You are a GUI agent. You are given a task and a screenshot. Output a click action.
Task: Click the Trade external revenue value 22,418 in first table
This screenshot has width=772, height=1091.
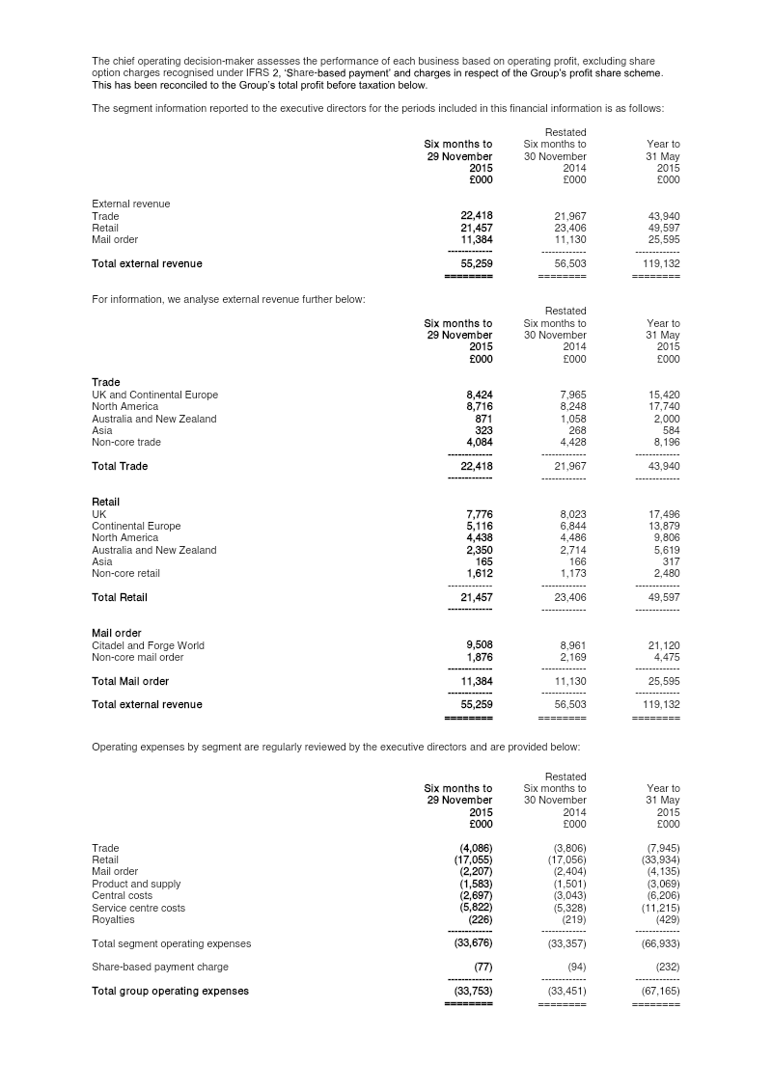click(477, 216)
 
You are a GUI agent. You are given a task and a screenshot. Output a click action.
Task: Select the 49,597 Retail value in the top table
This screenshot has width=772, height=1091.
click(661, 228)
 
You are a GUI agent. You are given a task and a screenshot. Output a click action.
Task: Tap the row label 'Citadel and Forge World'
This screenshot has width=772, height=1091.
click(148, 645)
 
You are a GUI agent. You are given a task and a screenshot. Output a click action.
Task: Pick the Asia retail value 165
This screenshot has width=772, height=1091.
click(484, 561)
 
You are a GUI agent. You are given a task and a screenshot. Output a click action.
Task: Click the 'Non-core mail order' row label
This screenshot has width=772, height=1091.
click(137, 657)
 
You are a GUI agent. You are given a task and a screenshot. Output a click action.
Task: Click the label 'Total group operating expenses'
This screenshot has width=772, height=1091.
click(170, 991)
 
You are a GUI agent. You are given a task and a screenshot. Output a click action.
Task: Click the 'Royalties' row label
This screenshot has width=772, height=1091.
click(113, 919)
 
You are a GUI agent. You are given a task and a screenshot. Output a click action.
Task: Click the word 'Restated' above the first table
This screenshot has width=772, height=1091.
click(565, 132)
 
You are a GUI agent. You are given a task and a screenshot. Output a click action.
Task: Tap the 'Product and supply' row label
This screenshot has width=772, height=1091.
click(136, 884)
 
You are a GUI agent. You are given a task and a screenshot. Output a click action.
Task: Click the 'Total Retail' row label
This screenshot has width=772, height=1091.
click(120, 597)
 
